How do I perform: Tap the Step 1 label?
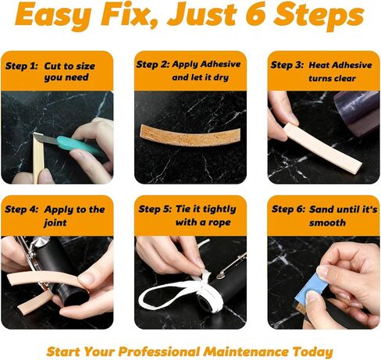tap(21, 66)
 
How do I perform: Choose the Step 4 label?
tap(22, 209)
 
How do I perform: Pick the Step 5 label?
tap(155, 209)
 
